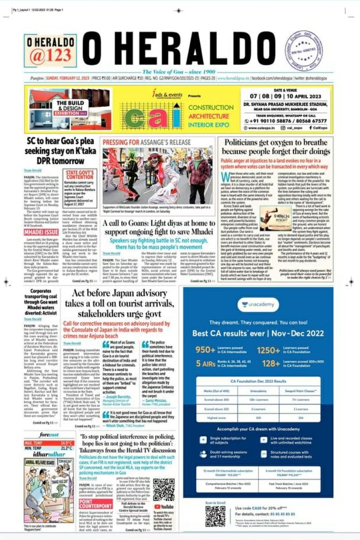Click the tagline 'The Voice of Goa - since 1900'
click(x=179, y=71)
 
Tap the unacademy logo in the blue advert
click(x=258, y=305)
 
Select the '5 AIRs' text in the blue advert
click(x=206, y=363)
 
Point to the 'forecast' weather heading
click(x=49, y=435)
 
